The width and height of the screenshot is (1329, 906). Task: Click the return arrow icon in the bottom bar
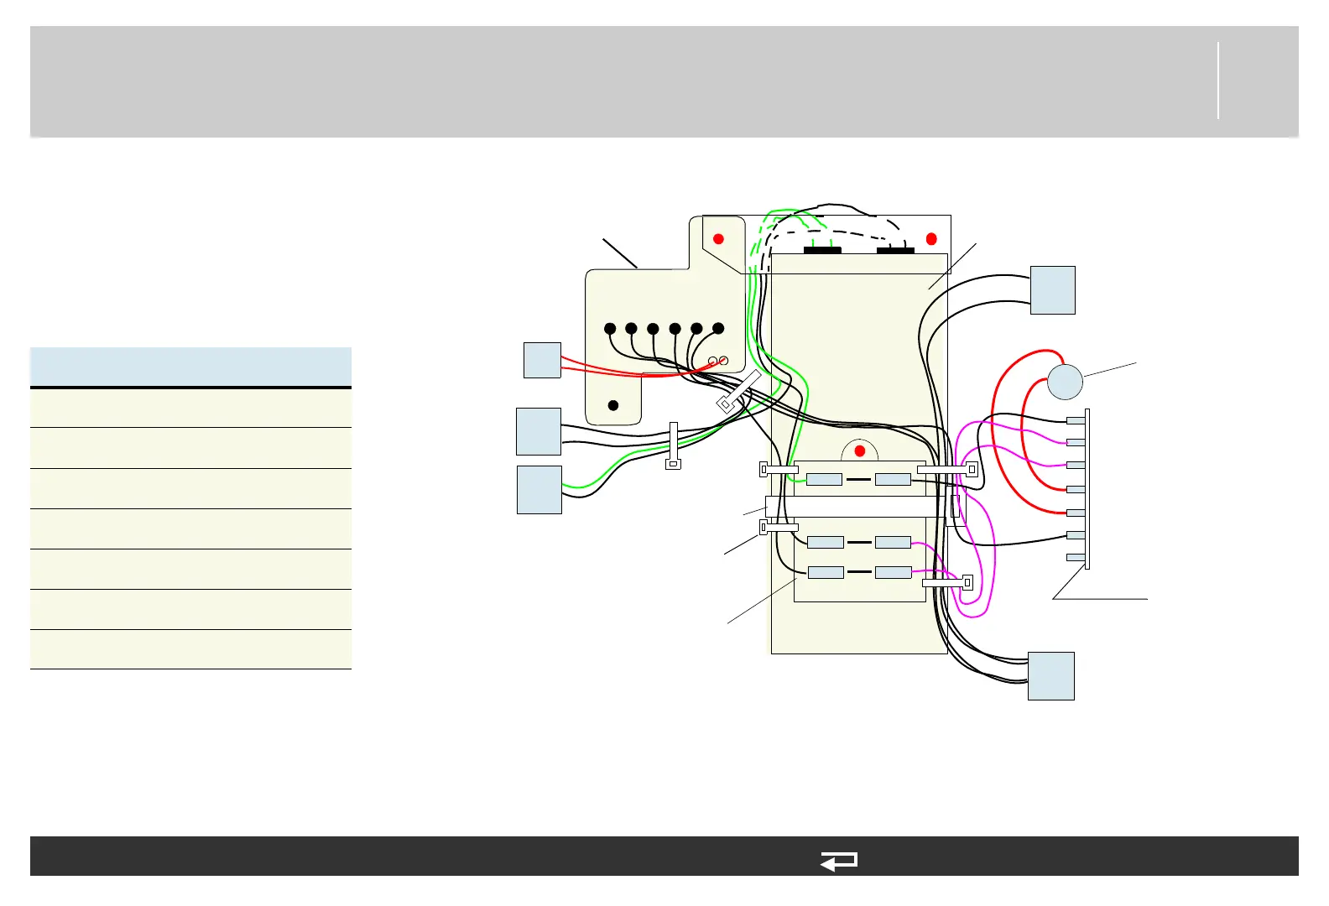pos(838,861)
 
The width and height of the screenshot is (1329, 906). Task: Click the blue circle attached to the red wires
pos(1065,383)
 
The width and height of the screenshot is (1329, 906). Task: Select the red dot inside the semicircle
pos(859,451)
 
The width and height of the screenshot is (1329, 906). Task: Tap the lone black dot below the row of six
pos(613,405)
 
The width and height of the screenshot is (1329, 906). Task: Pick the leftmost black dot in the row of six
pos(610,329)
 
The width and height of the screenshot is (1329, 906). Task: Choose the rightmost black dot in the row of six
pos(718,329)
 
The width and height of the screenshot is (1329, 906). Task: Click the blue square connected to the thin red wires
pos(542,360)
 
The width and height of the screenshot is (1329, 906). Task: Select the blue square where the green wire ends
pos(539,489)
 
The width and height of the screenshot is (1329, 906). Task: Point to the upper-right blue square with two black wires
pos(1052,290)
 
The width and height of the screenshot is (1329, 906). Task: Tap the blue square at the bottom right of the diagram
pos(1050,676)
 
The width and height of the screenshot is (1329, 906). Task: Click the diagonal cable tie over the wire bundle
pos(739,392)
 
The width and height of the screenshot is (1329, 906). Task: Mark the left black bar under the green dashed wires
pos(822,250)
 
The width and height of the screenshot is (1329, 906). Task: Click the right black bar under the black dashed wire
pos(895,250)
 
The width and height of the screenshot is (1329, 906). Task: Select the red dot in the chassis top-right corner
pos(931,239)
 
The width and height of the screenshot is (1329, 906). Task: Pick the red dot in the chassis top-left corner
pos(718,239)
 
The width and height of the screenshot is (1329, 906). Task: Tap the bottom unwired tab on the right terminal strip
pos(1075,557)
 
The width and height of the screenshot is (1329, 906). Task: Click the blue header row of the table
pos(190,367)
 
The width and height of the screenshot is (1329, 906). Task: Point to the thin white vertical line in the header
pos(1218,81)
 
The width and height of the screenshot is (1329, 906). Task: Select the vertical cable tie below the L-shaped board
pos(673,445)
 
